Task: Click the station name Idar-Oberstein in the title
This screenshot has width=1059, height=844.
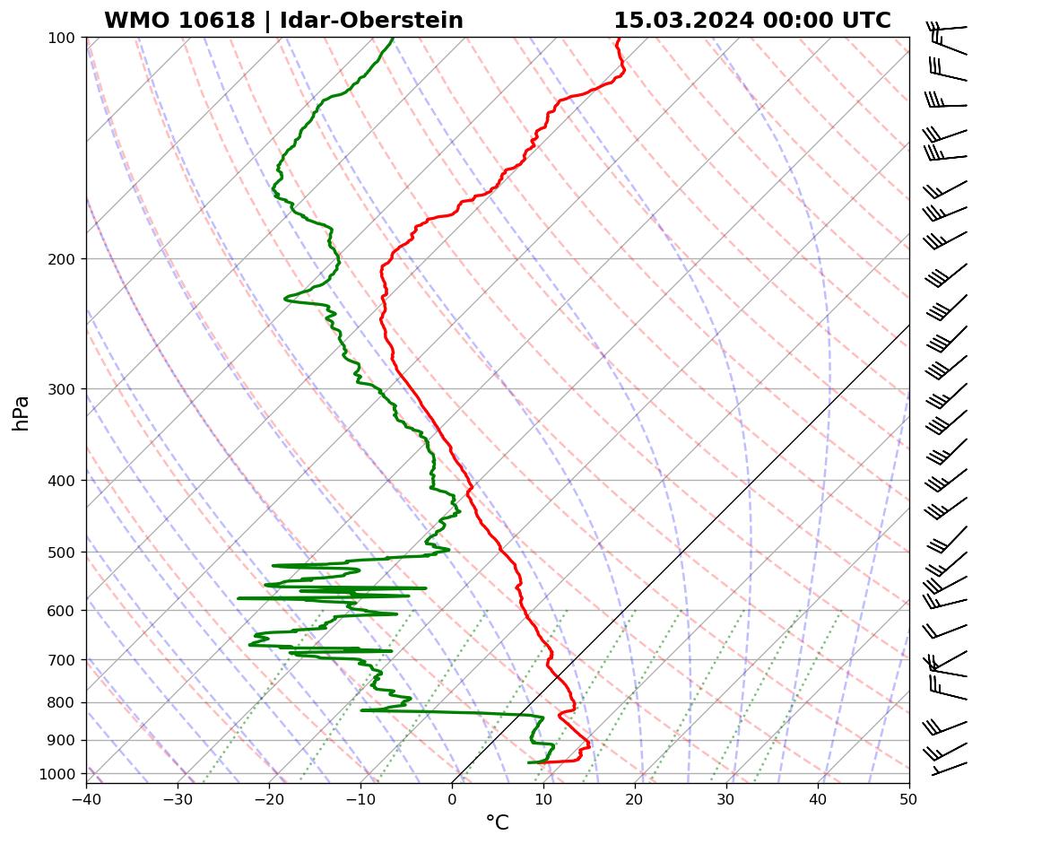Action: click(371, 21)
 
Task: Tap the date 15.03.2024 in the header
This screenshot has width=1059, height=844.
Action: click(683, 21)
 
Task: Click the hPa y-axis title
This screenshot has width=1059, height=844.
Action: click(21, 413)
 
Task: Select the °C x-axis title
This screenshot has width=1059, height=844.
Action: click(497, 822)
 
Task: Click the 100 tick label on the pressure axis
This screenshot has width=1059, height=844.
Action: click(61, 38)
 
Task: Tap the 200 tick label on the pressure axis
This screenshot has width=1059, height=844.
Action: click(61, 259)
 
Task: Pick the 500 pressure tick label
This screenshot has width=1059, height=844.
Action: click(61, 552)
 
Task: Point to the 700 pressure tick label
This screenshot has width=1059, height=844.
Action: click(61, 660)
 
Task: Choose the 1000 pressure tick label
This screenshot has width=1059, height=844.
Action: click(58, 774)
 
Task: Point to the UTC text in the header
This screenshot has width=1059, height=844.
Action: click(866, 21)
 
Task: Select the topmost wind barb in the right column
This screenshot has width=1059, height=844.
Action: click(947, 30)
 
